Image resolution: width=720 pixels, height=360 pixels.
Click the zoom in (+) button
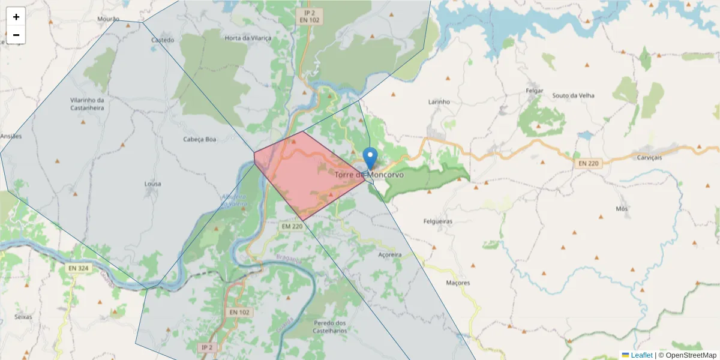coord(16,17)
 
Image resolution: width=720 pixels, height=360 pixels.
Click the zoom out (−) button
coord(16,35)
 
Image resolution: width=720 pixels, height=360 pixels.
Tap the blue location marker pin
coord(371,158)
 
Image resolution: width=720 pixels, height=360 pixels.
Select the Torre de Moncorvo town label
coord(369,175)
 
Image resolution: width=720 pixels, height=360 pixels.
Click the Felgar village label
coord(534,91)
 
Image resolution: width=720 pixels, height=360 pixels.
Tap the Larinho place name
coord(439,102)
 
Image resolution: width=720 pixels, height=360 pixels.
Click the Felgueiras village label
coord(437,221)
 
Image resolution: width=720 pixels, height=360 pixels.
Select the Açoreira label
coord(390,255)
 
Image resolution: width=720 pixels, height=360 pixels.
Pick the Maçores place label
coord(458,283)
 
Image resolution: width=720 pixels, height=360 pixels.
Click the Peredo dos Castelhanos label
coord(330,326)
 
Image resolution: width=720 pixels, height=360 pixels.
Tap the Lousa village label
coord(152,184)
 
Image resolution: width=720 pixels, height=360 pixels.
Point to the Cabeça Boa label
coord(199,139)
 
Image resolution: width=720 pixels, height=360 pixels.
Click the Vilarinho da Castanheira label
coord(88,104)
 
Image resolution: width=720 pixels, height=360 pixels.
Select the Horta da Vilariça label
coord(245,38)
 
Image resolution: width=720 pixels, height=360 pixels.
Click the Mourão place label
coord(109,19)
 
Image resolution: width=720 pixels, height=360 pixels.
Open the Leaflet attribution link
coord(641,355)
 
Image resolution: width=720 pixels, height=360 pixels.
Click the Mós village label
coord(622,209)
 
